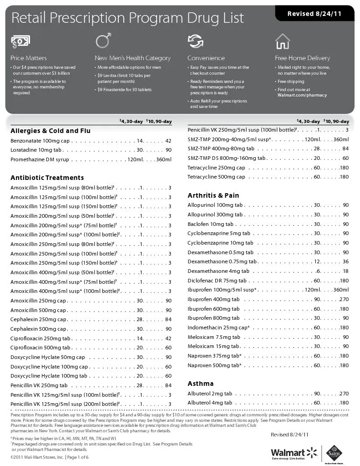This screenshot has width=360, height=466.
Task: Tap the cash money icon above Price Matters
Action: (x=20, y=42)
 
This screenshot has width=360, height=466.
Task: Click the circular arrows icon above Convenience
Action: (x=195, y=41)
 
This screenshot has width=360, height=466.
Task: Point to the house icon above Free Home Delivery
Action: (x=283, y=41)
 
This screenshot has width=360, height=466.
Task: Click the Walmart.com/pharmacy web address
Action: (x=302, y=95)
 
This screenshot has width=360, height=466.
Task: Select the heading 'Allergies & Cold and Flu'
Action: (x=51, y=131)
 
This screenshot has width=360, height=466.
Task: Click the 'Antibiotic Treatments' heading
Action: (x=47, y=178)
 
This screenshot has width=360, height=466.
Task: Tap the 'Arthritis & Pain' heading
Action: (x=213, y=195)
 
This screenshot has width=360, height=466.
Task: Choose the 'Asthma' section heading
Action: (x=200, y=384)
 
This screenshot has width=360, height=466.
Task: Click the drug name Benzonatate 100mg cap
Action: (x=40, y=141)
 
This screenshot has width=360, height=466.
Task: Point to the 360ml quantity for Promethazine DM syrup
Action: (x=163, y=159)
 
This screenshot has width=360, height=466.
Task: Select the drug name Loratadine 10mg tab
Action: (x=36, y=150)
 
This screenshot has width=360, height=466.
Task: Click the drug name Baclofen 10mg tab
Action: (x=210, y=224)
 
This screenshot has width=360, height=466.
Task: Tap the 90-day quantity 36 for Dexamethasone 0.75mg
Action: (x=345, y=261)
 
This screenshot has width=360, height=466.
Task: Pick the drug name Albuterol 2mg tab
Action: (x=210, y=394)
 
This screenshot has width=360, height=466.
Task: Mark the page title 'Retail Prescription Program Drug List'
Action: (x=127, y=18)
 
